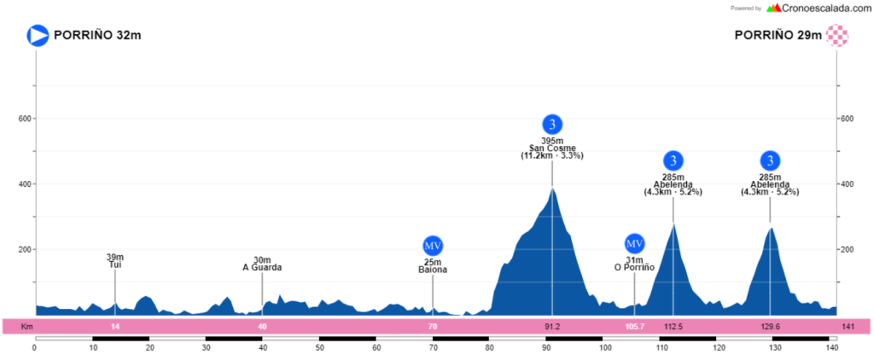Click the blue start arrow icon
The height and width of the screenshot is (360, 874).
click(x=38, y=35)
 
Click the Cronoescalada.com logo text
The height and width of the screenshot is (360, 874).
click(x=824, y=8)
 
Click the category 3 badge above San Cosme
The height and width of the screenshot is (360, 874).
click(x=552, y=125)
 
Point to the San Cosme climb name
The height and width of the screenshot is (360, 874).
click(x=552, y=148)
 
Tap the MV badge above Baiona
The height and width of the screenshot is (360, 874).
click(x=433, y=246)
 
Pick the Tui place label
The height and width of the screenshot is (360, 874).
click(x=115, y=265)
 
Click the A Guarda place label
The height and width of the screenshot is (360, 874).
click(x=262, y=268)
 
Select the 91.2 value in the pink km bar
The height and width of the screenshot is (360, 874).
click(x=552, y=327)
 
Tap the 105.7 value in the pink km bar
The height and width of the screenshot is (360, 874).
click(x=634, y=327)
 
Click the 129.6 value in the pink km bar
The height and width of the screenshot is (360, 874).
click(x=770, y=327)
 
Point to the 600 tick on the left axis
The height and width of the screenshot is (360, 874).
click(x=25, y=119)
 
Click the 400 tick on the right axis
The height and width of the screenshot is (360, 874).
click(x=848, y=184)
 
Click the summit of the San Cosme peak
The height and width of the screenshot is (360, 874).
click(x=552, y=189)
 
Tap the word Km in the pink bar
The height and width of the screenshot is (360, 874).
click(x=26, y=327)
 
